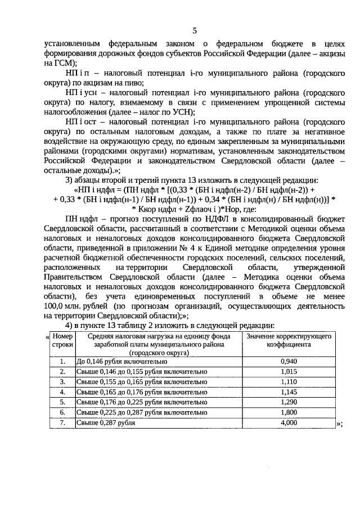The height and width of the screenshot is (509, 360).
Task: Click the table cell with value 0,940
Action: click(x=287, y=362)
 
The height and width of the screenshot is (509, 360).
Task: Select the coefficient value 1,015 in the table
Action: click(x=287, y=372)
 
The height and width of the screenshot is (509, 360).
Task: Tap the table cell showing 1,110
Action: click(x=287, y=382)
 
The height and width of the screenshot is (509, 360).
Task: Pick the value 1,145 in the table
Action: click(x=287, y=392)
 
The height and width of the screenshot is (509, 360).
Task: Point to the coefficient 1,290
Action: click(x=287, y=402)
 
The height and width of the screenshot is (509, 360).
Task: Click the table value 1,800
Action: click(x=287, y=412)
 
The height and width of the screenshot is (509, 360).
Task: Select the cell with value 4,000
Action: click(x=287, y=422)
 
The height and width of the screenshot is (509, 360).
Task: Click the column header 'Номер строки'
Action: click(x=62, y=341)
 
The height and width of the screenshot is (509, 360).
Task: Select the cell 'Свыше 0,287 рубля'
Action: click(x=107, y=422)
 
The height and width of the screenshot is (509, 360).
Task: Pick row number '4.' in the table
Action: click(x=63, y=392)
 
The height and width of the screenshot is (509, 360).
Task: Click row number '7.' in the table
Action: click(x=63, y=422)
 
